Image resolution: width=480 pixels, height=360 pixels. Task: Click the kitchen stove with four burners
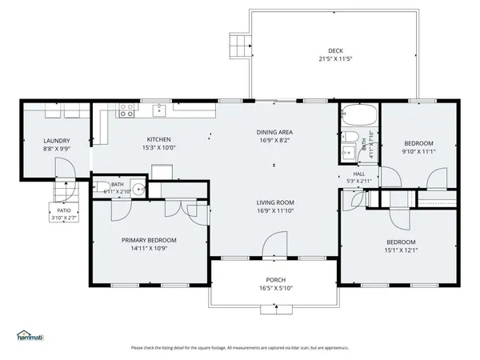pyautogui.click(x=126, y=111)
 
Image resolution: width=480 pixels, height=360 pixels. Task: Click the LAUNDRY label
pyautogui.click(x=56, y=141)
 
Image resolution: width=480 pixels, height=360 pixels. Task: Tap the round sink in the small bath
pyautogui.click(x=138, y=190)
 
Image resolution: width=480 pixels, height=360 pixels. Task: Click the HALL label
pyautogui.click(x=358, y=174)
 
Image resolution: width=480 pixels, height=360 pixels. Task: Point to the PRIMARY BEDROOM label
pyautogui.click(x=149, y=240)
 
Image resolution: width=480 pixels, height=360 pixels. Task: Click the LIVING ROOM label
pyautogui.click(x=275, y=203)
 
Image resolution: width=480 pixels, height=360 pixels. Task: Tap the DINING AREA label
pyautogui.click(x=275, y=132)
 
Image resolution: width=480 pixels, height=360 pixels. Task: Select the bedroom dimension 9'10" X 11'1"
pyautogui.click(x=418, y=151)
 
